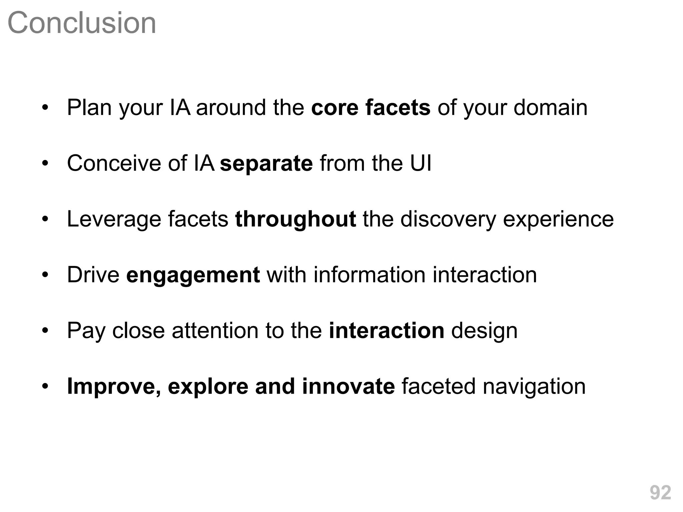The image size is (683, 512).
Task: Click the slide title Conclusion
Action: coord(82,23)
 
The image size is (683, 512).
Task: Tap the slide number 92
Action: coord(660,492)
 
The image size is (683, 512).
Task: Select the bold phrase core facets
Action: coord(371,108)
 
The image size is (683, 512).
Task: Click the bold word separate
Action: coord(266,163)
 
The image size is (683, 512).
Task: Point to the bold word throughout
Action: coord(295,219)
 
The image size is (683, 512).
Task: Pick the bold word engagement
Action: coord(193,275)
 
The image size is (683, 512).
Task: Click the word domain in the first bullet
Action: coord(550,108)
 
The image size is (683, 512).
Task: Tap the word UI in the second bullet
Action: coord(421,163)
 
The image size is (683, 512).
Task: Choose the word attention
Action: coord(215,331)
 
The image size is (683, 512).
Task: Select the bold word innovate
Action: coord(348,386)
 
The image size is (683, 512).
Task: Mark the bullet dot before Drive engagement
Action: coord(45,275)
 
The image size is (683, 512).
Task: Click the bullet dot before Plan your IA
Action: coord(45,108)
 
